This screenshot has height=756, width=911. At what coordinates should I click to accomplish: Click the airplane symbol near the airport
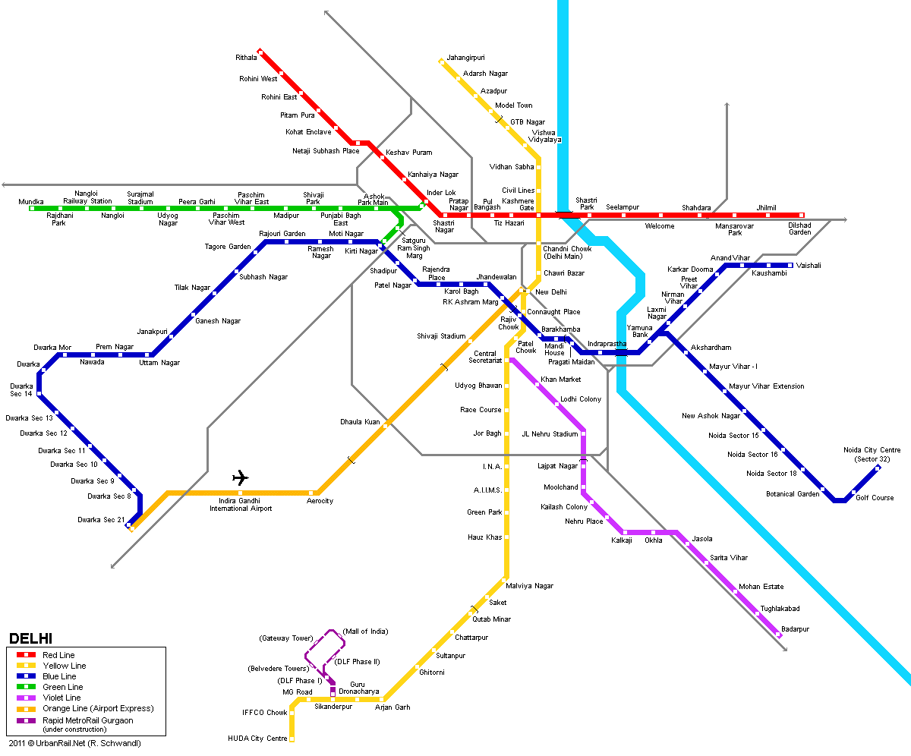pyautogui.click(x=241, y=477)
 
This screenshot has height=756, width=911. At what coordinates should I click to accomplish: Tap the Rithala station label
pyautogui.click(x=246, y=58)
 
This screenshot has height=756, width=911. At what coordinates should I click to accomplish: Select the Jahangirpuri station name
pyautogui.click(x=465, y=58)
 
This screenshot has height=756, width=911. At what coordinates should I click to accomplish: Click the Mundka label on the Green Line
pyautogui.click(x=31, y=202)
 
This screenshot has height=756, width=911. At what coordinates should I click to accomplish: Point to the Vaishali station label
pyautogui.click(x=809, y=265)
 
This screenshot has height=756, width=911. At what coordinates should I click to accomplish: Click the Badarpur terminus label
pyautogui.click(x=795, y=628)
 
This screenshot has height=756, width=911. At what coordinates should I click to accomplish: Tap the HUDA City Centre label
pyautogui.click(x=257, y=738)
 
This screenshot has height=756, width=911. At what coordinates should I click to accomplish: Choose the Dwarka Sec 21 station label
pyautogui.click(x=101, y=519)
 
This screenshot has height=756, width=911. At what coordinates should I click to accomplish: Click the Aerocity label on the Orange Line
pyautogui.click(x=320, y=500)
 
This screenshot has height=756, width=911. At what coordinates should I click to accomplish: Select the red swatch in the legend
pyautogui.click(x=26, y=654)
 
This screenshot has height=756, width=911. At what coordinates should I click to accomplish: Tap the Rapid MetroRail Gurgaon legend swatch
pyautogui.click(x=26, y=720)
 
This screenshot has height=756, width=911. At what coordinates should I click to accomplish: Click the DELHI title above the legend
pyautogui.click(x=30, y=638)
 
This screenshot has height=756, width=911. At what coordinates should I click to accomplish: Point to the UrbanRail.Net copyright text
pyautogui.click(x=74, y=743)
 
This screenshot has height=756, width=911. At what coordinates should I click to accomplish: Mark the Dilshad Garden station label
pyautogui.click(x=799, y=228)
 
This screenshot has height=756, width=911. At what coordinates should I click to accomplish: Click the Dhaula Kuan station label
pyautogui.click(x=360, y=422)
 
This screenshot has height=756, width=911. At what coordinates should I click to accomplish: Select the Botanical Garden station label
pyautogui.click(x=793, y=494)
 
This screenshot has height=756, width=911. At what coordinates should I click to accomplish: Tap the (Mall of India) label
pyautogui.click(x=365, y=632)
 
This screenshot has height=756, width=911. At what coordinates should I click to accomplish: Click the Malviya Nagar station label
pyautogui.click(x=529, y=586)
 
